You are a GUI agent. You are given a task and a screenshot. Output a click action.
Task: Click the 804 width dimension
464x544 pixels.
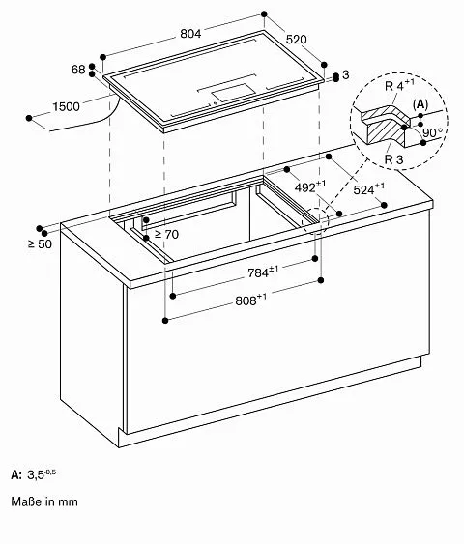pyautogui.click(x=189, y=34)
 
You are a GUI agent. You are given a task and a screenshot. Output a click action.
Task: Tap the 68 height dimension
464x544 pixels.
pyautogui.click(x=78, y=69)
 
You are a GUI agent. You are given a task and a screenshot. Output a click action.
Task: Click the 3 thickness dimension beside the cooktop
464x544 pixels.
pyautogui.click(x=345, y=75)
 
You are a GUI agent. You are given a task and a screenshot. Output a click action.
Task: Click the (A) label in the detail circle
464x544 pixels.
pyautogui.click(x=421, y=103)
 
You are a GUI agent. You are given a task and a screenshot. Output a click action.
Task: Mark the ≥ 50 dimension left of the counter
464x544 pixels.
pyautogui.click(x=39, y=243)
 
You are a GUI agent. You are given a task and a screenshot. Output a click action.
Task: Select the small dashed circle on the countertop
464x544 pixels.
pyautogui.click(x=314, y=220)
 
